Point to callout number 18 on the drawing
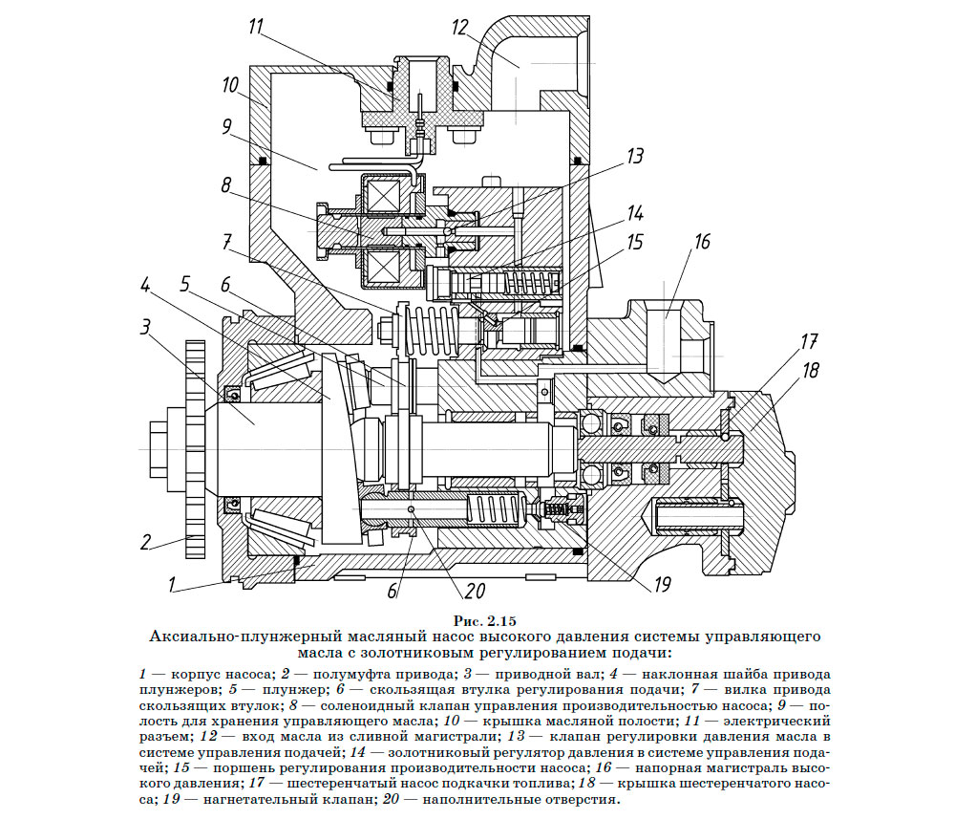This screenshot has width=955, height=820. [810, 371]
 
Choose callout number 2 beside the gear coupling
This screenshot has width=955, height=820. [145, 542]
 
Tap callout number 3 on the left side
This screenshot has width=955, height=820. [145, 328]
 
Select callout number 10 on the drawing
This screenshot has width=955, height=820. [230, 86]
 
